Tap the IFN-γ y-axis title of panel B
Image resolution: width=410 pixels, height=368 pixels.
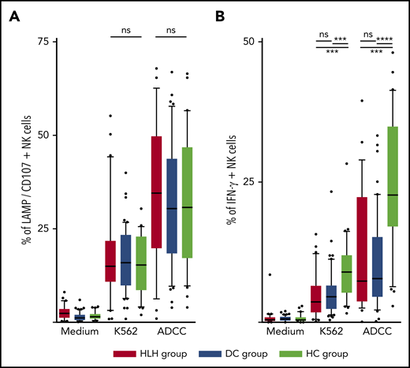[x=224, y=181]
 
